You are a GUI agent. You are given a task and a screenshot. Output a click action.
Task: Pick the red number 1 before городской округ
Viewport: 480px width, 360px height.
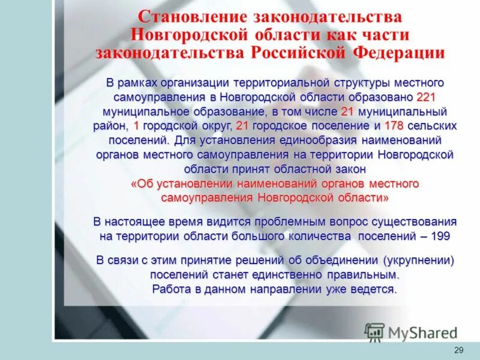137,125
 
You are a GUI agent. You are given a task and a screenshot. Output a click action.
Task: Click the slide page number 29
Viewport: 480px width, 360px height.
459,349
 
